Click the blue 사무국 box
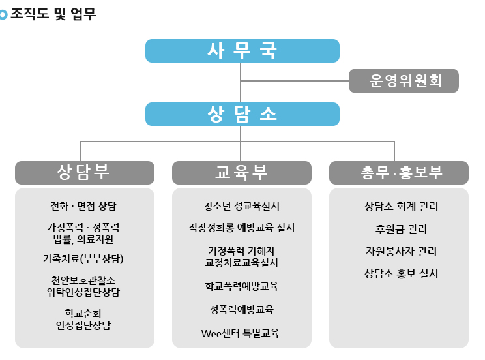click(x=242, y=51)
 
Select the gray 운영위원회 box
click(x=404, y=81)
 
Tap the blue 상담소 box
click(x=242, y=114)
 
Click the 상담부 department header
click(x=85, y=172)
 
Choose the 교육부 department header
click(x=242, y=172)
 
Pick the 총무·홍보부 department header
click(x=399, y=172)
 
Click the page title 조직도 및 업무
click(x=53, y=14)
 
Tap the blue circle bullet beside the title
click(x=3, y=15)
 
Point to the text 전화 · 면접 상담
click(x=83, y=206)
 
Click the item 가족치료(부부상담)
click(x=83, y=259)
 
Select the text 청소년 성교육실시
click(x=242, y=206)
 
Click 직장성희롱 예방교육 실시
click(x=242, y=228)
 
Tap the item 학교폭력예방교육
click(x=242, y=286)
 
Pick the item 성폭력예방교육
click(x=242, y=309)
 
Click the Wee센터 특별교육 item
click(x=240, y=333)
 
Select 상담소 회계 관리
click(x=401, y=207)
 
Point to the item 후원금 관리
click(x=401, y=229)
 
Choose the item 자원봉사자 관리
click(x=401, y=251)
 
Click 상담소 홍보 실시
click(x=401, y=273)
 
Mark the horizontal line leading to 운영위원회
click(x=295, y=81)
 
